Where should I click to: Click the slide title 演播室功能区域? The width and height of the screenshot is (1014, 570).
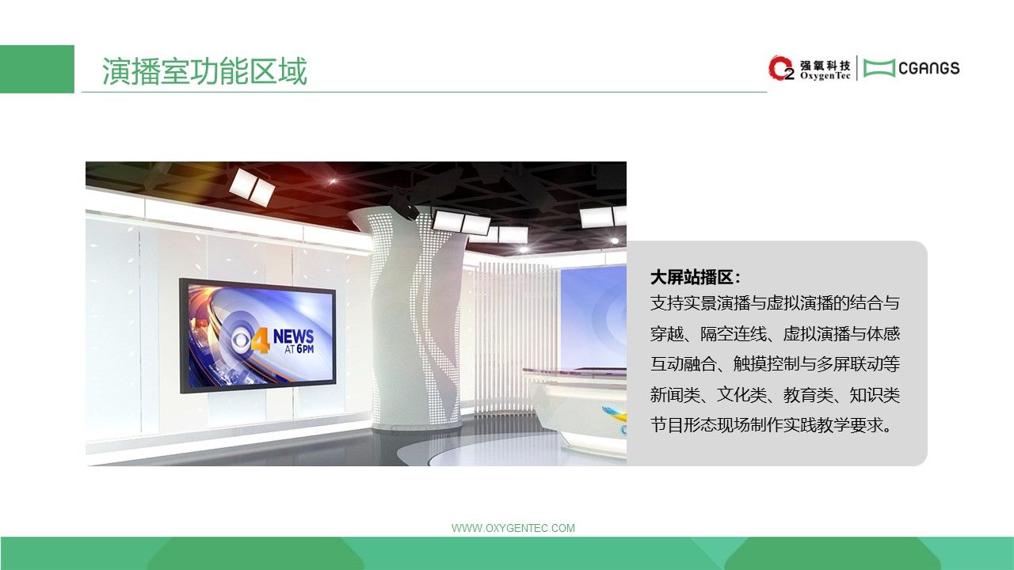[x=204, y=71]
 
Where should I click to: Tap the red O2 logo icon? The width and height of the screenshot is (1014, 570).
[x=781, y=68]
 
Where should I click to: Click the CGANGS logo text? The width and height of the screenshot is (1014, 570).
[x=929, y=68]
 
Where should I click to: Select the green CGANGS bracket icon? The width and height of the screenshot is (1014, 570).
[x=879, y=68]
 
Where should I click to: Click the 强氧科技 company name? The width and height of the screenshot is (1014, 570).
[x=825, y=65]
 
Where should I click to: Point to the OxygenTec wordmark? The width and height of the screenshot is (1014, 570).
[x=825, y=76]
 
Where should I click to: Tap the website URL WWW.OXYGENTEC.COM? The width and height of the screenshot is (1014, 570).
[x=513, y=528]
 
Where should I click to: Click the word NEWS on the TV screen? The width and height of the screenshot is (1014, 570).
[x=293, y=336]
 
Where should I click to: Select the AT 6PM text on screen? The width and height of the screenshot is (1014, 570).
[x=299, y=349]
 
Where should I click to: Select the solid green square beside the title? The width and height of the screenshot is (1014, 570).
[x=37, y=69]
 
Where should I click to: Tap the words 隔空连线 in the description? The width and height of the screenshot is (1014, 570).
[x=734, y=334]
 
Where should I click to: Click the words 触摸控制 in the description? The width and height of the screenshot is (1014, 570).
[x=766, y=364]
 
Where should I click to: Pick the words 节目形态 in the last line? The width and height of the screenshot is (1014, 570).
[x=684, y=425]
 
